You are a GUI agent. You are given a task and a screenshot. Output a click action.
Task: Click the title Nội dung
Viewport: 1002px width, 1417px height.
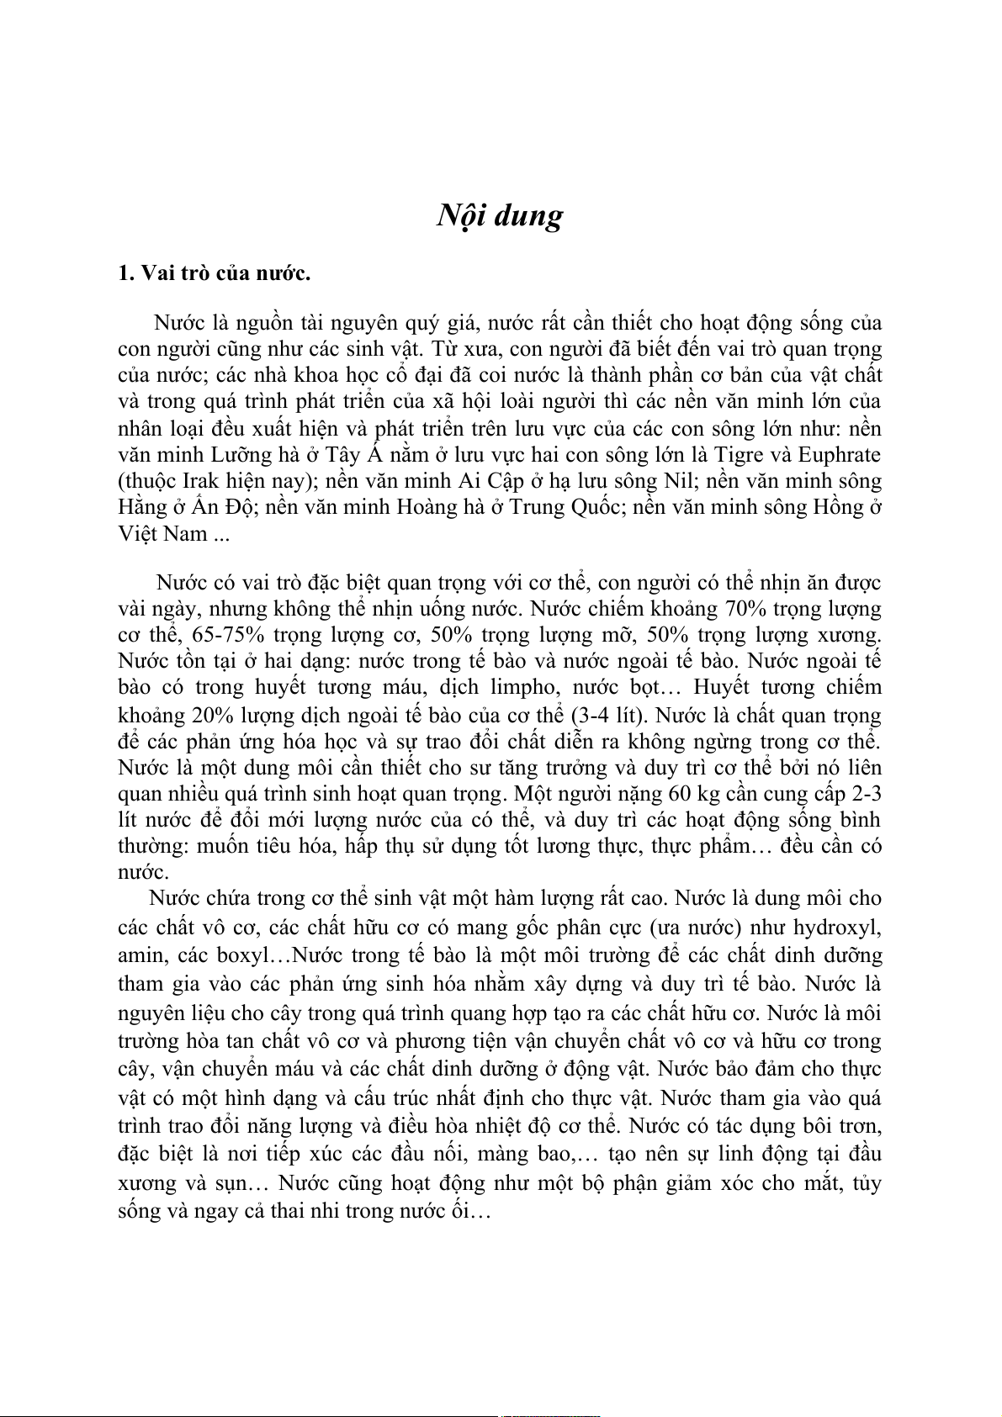500,217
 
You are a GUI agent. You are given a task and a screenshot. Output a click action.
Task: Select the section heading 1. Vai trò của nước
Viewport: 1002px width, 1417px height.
215,273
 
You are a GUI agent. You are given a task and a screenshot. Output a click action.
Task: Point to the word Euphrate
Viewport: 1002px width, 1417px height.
839,455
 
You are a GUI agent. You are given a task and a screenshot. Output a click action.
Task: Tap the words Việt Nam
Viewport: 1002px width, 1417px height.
162,534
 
